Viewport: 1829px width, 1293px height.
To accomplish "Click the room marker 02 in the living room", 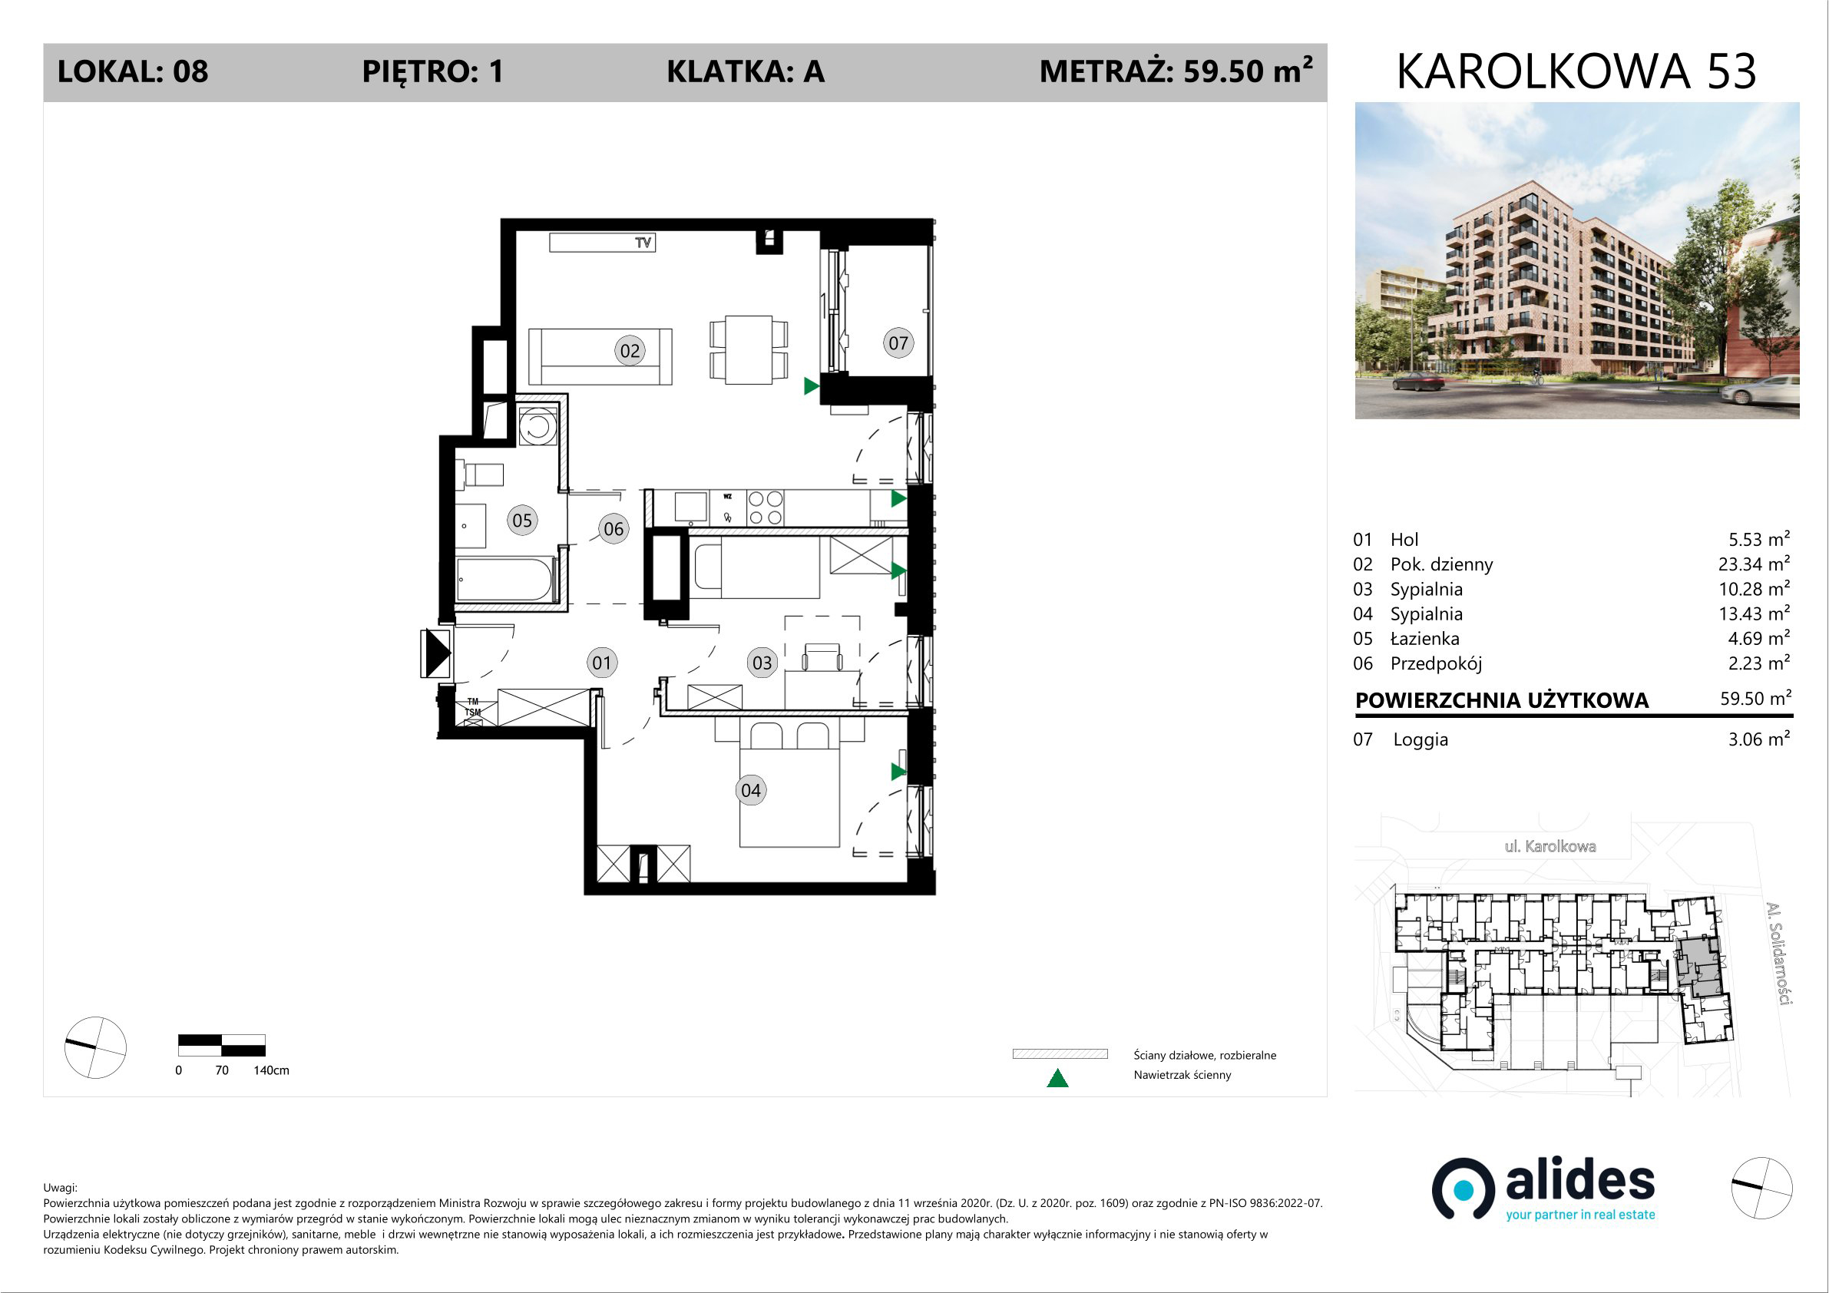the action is (x=630, y=351).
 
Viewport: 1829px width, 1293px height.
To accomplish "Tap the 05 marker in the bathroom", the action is (x=522, y=521).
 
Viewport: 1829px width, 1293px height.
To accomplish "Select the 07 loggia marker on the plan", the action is (x=898, y=342).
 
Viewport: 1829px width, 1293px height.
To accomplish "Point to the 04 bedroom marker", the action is (x=750, y=790).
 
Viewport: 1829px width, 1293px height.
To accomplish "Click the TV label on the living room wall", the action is (x=643, y=242).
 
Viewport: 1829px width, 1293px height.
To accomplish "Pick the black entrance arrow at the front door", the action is (x=437, y=653).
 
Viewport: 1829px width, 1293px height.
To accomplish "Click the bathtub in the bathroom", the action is (x=505, y=579).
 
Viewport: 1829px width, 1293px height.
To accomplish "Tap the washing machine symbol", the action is (x=537, y=426).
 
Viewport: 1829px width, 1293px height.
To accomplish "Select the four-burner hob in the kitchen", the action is (x=765, y=508).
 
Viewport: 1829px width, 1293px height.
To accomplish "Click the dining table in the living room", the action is (x=749, y=349).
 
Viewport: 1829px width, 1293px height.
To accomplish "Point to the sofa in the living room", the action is (x=600, y=356).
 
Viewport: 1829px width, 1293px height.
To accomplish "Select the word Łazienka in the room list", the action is (x=1424, y=638).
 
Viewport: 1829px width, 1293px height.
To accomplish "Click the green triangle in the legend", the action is (x=1057, y=1078).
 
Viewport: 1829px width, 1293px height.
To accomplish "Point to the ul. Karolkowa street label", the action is (x=1550, y=846).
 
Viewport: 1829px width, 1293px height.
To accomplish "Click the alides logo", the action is (x=1543, y=1189).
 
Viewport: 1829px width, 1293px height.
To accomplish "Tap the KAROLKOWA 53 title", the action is (x=1576, y=71).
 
